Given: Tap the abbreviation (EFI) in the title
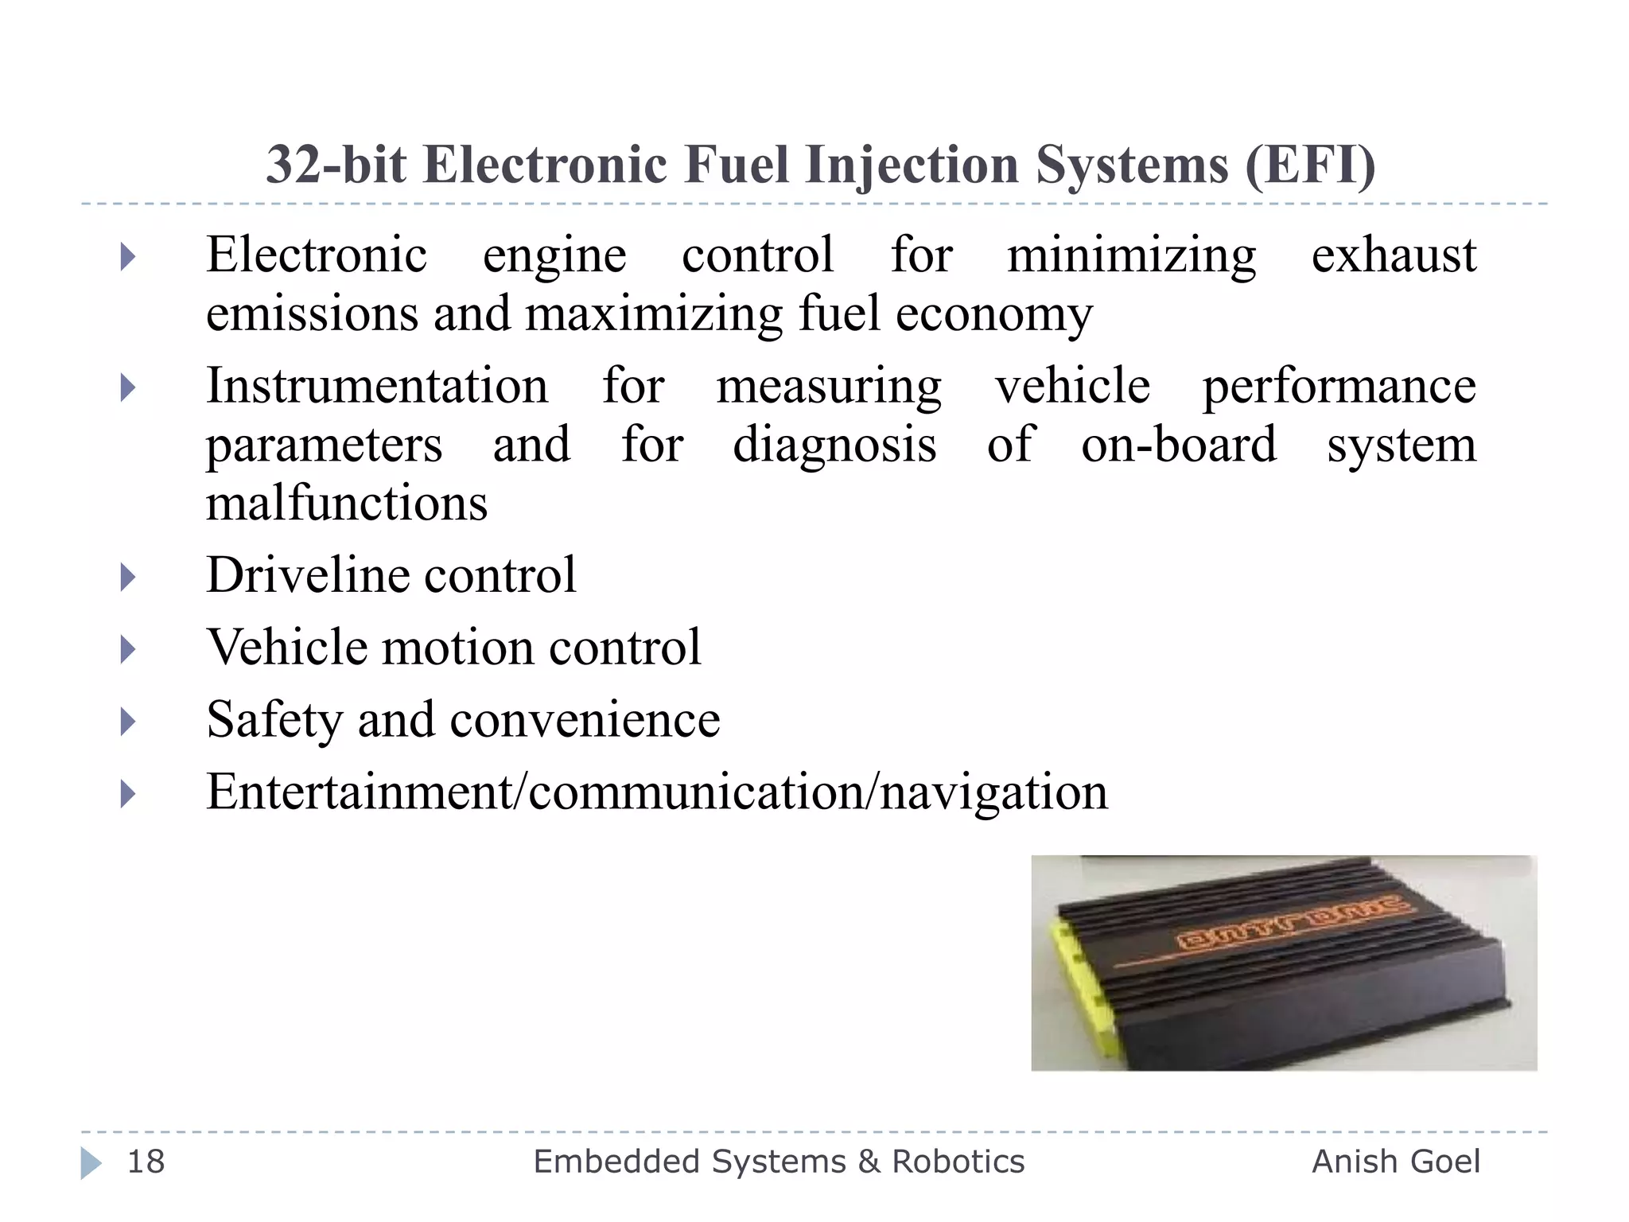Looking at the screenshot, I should point(1310,165).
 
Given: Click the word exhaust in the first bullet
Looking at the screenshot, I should point(1394,256).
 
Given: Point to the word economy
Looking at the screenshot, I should point(994,315).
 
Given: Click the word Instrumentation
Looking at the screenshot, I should point(377,387).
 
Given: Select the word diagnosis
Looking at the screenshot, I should point(834,446).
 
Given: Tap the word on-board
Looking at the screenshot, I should point(1179,444).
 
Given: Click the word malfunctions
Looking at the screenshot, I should point(347,503).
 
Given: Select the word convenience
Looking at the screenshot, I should point(585,720).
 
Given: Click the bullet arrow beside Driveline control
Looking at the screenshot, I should point(127,576).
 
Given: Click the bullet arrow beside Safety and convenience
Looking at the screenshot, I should point(127,722).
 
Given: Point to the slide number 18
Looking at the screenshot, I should point(146,1162).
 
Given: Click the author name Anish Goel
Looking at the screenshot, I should point(1396,1162).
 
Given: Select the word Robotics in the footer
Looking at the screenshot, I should point(958,1162).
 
